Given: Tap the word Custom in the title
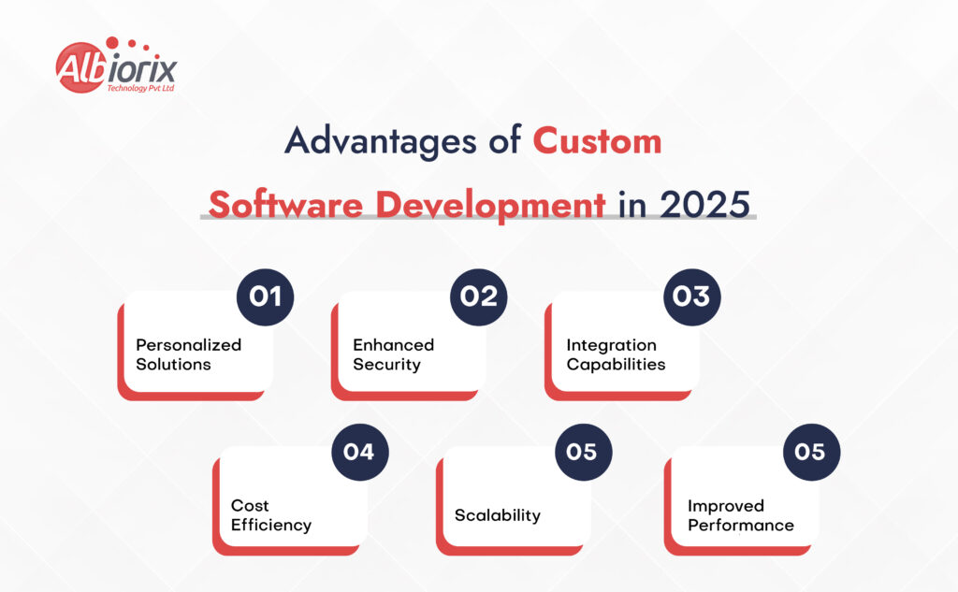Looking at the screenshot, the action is [x=597, y=141].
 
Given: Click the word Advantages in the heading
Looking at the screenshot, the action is [x=380, y=142].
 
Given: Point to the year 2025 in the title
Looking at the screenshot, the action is [x=704, y=204].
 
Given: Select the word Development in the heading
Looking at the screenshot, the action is [x=490, y=206].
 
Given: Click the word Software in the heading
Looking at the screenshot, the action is [x=285, y=204].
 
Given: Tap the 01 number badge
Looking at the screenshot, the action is [x=265, y=296].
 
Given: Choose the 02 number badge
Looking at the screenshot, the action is [x=478, y=296].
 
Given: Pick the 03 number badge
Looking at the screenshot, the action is [x=691, y=296].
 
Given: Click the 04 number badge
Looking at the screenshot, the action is [x=360, y=452].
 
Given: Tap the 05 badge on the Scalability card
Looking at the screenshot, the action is [x=583, y=452].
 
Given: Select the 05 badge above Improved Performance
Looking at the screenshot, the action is [x=811, y=452].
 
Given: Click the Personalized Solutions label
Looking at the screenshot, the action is [x=188, y=354].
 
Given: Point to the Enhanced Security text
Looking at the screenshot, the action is [x=394, y=354].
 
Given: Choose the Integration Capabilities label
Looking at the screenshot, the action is [x=616, y=354].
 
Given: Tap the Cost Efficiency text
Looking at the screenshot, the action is [x=271, y=515].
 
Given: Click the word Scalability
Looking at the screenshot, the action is [x=498, y=515].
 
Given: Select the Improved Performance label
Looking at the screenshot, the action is [x=741, y=515].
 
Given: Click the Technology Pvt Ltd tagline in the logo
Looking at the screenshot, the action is [x=140, y=88].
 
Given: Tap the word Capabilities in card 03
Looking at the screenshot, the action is [x=616, y=364].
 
